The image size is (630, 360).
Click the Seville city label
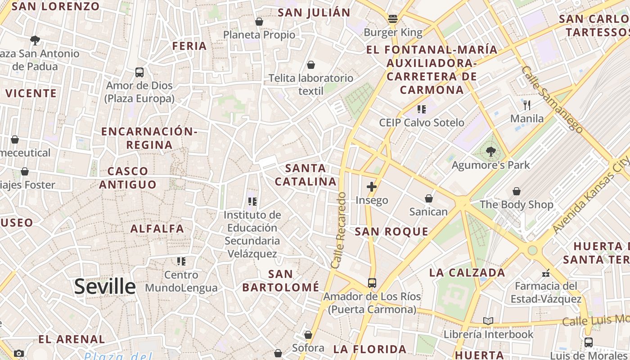click(x=105, y=286)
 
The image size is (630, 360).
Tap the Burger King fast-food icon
click(x=393, y=19)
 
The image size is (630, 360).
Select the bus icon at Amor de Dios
click(x=139, y=72)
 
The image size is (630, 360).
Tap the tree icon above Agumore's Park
click(x=491, y=152)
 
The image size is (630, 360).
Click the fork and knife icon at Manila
click(x=527, y=105)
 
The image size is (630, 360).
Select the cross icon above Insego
click(x=372, y=187)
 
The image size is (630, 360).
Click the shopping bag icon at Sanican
click(x=429, y=198)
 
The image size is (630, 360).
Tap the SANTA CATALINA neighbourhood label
click(x=306, y=175)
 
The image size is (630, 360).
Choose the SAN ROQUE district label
click(x=391, y=232)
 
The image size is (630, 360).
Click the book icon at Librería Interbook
click(x=488, y=321)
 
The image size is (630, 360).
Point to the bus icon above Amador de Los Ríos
click(x=372, y=283)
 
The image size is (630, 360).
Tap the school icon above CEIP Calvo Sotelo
click(x=422, y=109)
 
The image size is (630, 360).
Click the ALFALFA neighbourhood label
click(x=157, y=229)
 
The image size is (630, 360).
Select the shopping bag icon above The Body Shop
click(x=517, y=191)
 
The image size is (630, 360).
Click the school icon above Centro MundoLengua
click(x=181, y=261)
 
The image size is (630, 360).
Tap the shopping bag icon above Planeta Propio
click(x=259, y=21)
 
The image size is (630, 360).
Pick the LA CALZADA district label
click(x=467, y=273)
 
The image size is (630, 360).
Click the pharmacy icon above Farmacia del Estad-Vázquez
click(x=546, y=273)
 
